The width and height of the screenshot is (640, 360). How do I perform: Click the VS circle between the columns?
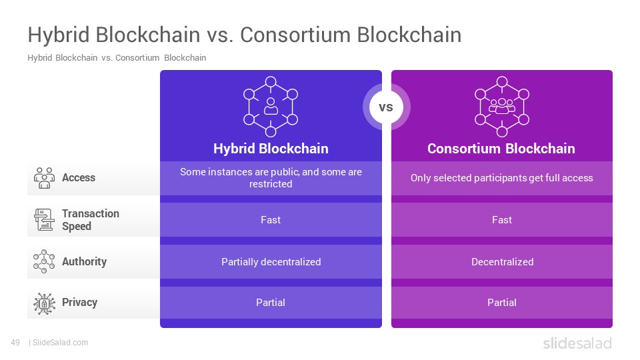386,107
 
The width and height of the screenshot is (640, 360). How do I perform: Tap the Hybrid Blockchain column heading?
271,149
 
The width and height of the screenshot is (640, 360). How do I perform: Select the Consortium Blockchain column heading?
501,149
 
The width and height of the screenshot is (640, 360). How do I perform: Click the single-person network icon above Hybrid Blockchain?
271,107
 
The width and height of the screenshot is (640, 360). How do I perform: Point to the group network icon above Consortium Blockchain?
501,107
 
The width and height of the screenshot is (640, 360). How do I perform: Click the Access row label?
79,177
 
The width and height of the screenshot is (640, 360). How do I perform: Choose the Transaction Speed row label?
91,219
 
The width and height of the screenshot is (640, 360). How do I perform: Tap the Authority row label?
84,261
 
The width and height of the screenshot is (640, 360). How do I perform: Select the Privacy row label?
79,303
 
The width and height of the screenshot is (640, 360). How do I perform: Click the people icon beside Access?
44,177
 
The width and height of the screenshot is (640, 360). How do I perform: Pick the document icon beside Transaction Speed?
44,219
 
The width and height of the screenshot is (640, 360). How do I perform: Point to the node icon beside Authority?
44,261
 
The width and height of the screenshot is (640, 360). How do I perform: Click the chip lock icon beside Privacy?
44,303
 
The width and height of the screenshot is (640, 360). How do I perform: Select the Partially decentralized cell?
271,261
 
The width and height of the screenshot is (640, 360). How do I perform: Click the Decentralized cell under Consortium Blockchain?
502,261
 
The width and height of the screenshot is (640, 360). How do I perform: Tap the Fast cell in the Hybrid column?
271,219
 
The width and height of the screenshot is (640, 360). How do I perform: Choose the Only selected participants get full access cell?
502,178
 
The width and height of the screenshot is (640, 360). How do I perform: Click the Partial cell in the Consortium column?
502,303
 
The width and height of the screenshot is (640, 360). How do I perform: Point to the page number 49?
15,343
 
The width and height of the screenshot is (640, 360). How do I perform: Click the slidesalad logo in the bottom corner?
577,343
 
